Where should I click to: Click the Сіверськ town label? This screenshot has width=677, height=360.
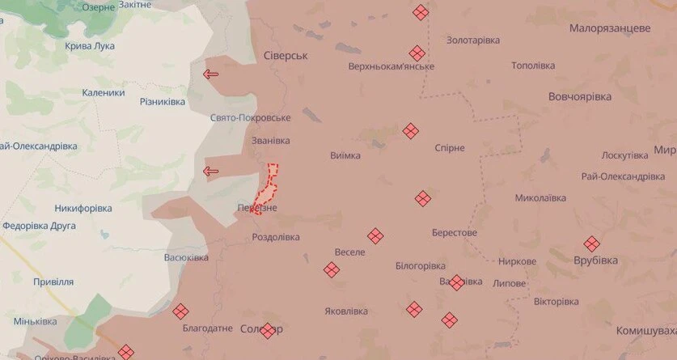pyautogui.click(x=286, y=56)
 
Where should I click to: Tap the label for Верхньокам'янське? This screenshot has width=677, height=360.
pyautogui.click(x=391, y=66)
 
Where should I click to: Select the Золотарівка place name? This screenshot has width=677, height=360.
pyautogui.click(x=473, y=40)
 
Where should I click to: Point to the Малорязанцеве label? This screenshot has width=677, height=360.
pyautogui.click(x=610, y=28)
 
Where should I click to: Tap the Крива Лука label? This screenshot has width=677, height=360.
pyautogui.click(x=90, y=46)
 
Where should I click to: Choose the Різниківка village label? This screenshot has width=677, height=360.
pyautogui.click(x=163, y=102)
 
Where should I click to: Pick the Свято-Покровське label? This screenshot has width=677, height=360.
pyautogui.click(x=250, y=118)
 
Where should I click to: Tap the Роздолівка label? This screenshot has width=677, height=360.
pyautogui.click(x=276, y=237)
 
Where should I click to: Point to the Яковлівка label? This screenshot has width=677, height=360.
pyautogui.click(x=345, y=311)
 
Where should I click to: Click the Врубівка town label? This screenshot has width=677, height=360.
pyautogui.click(x=595, y=260)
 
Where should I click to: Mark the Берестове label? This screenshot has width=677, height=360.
pyautogui.click(x=454, y=233)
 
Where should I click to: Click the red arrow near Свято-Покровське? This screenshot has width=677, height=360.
pyautogui.click(x=211, y=75)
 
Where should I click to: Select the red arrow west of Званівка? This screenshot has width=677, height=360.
pyautogui.click(x=211, y=171)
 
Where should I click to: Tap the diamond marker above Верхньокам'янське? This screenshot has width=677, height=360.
pyautogui.click(x=420, y=12)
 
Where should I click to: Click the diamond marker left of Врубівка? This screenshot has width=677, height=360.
pyautogui.click(x=592, y=243)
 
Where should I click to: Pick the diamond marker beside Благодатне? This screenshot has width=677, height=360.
pyautogui.click(x=180, y=311)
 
